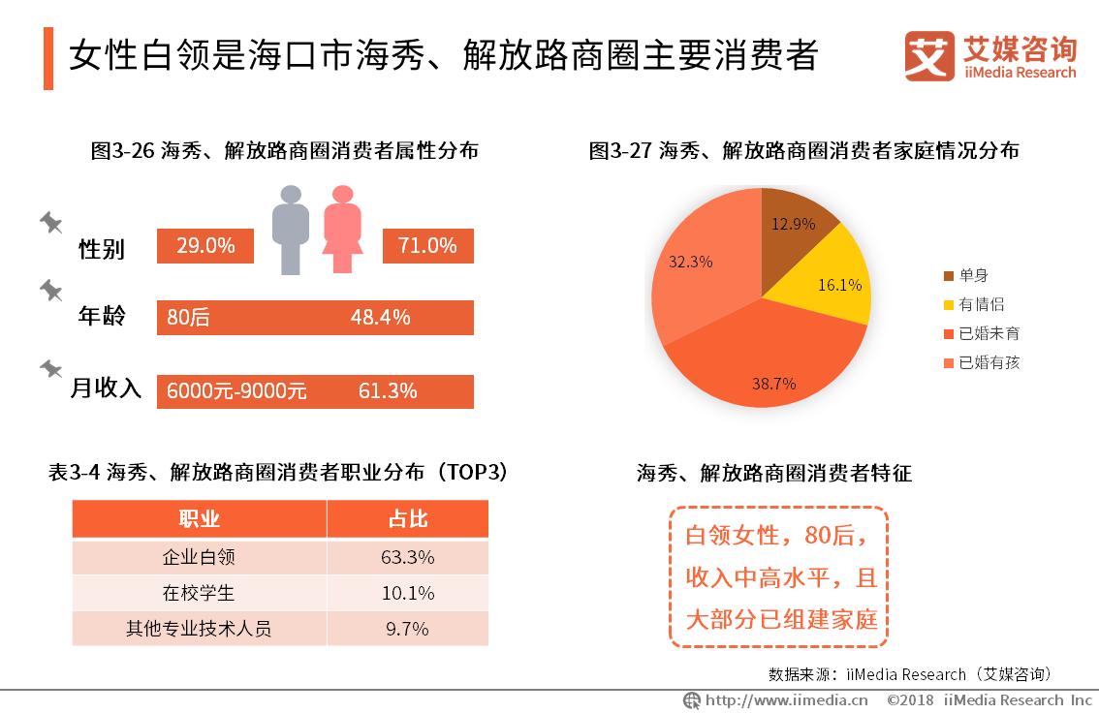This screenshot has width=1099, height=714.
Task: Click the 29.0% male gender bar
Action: (x=205, y=246)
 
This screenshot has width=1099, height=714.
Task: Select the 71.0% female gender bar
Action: (x=428, y=246)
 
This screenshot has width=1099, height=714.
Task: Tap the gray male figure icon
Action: (x=290, y=229)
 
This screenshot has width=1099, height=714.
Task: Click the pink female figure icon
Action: (x=342, y=229)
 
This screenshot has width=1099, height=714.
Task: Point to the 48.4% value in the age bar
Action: (x=380, y=318)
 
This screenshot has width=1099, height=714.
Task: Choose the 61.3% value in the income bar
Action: (x=388, y=391)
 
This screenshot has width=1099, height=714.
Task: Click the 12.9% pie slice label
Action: (x=793, y=224)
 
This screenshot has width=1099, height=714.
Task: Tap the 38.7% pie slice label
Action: (x=773, y=384)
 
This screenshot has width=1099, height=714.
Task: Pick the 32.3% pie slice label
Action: (x=690, y=262)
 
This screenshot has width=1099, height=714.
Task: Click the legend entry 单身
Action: (x=973, y=275)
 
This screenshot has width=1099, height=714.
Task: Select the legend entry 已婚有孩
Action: (x=988, y=363)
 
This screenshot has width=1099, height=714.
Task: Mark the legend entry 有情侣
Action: (x=980, y=304)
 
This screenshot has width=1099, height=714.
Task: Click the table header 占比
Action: (x=407, y=519)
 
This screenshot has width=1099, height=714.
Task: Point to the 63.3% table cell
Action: (x=407, y=557)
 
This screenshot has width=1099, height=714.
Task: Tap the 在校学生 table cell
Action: (x=199, y=593)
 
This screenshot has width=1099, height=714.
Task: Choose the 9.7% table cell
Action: (x=407, y=629)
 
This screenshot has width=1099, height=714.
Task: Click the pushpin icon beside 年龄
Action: (x=50, y=291)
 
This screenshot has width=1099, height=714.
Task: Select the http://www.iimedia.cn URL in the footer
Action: (x=785, y=700)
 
